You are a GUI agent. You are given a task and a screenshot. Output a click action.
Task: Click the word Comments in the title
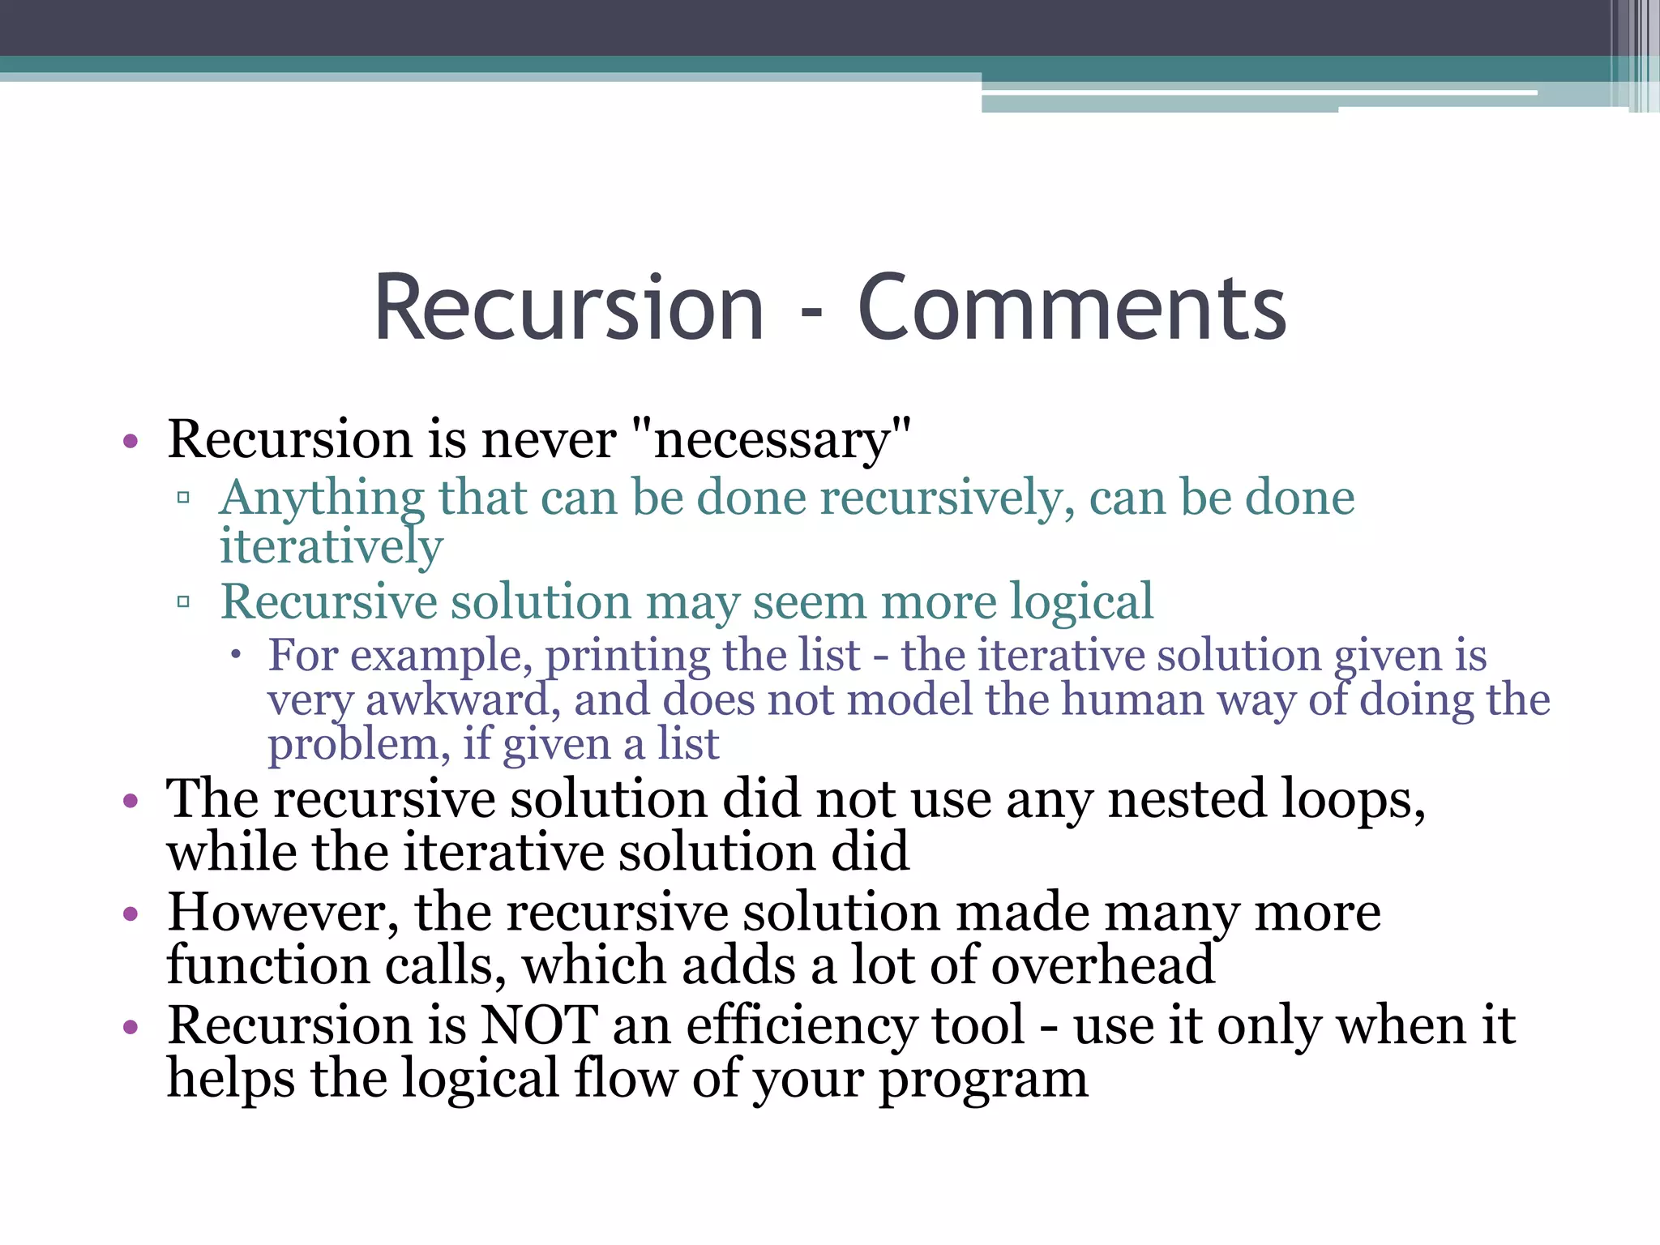click(x=1072, y=310)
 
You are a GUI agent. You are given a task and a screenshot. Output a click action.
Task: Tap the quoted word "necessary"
click(x=771, y=440)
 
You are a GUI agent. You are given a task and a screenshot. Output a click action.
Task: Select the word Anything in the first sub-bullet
click(x=322, y=498)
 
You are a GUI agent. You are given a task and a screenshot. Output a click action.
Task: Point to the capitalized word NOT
click(x=539, y=1025)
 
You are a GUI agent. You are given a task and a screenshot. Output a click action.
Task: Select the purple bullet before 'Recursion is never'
click(x=130, y=443)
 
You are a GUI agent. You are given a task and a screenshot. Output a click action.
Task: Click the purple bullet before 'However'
click(x=130, y=915)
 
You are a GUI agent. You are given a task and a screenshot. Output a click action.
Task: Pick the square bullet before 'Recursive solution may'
click(x=184, y=602)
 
